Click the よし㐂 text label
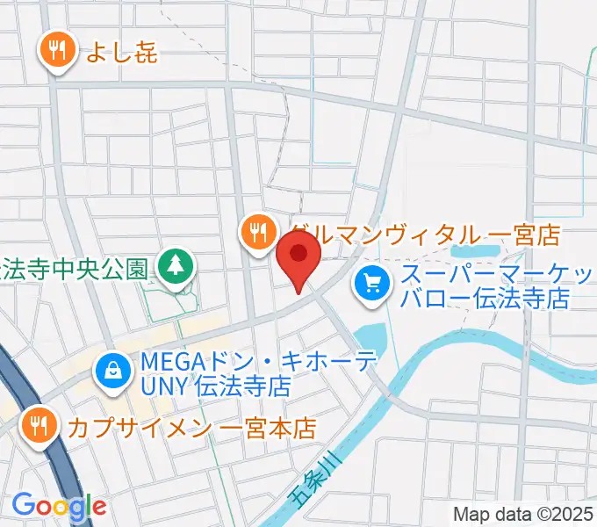pyautogui.click(x=121, y=52)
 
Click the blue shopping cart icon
pyautogui.click(x=372, y=283)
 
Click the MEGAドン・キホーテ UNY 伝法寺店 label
pyautogui.click(x=216, y=372)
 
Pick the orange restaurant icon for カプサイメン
pyautogui.click(x=38, y=426)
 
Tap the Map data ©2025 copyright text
pyautogui.click(x=523, y=515)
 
